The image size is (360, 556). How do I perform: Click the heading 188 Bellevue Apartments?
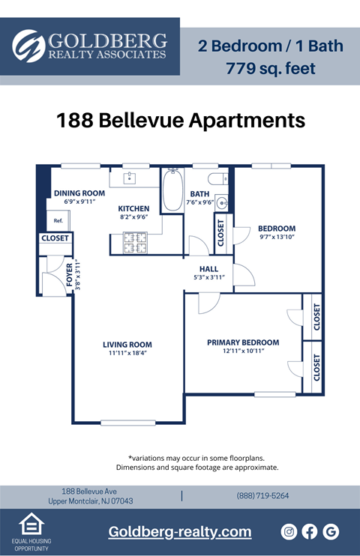tap(181, 120)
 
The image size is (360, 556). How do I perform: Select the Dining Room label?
tap(79, 193)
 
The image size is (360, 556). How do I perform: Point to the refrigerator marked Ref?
tap(58, 220)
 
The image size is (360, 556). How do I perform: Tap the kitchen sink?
tap(129, 178)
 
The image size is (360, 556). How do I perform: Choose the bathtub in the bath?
tap(172, 190)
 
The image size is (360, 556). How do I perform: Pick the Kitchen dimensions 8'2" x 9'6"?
tap(133, 217)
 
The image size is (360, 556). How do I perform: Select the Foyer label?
tap(69, 276)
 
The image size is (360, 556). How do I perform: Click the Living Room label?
tap(127, 345)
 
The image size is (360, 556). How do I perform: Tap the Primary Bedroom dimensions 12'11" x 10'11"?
tap(243, 351)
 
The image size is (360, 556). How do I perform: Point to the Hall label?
tap(208, 269)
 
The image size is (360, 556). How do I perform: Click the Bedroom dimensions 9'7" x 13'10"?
tap(277, 237)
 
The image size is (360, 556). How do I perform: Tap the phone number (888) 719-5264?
tap(262, 495)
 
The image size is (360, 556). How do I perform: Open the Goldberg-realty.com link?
tap(180, 531)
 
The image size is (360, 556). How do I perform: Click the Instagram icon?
tap(289, 531)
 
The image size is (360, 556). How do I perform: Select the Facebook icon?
tap(310, 531)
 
